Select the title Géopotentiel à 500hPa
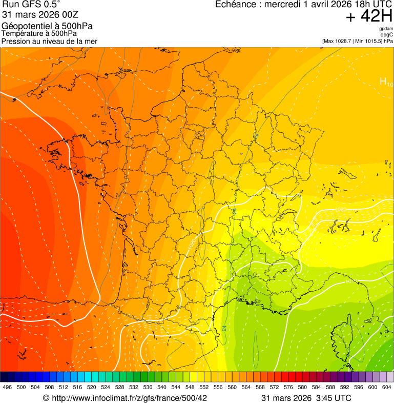pyautogui.click(x=47, y=26)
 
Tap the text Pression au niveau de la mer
pyautogui.click(x=49, y=41)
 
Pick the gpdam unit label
pyautogui.click(x=386, y=29)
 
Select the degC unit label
pyautogui.click(x=387, y=35)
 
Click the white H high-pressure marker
pyautogui.click(x=383, y=81)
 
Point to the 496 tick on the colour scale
pyautogui.click(x=7, y=388)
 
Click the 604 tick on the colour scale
pyautogui.click(x=387, y=388)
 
